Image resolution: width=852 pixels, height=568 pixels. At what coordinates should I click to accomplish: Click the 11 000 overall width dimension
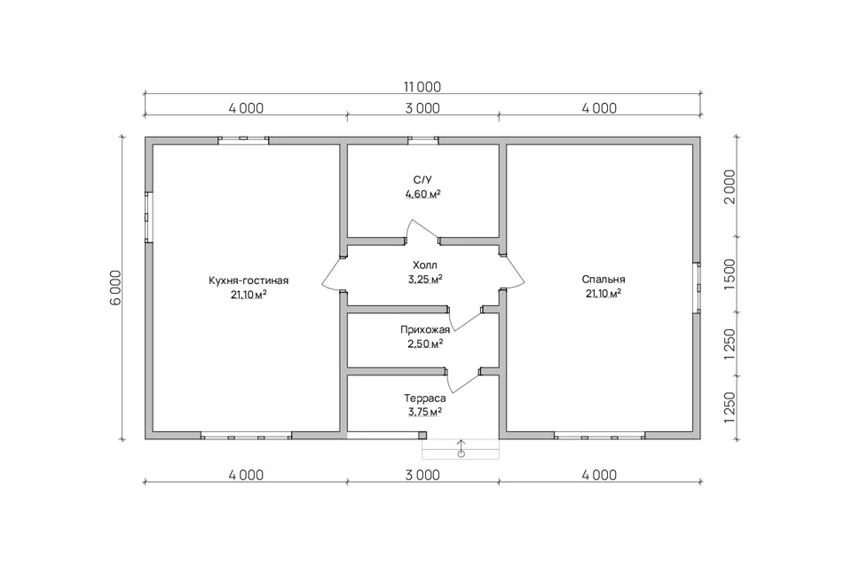click(422, 87)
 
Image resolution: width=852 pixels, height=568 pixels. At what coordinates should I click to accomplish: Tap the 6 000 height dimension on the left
click(116, 288)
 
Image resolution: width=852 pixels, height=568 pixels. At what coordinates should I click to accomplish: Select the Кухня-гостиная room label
click(248, 281)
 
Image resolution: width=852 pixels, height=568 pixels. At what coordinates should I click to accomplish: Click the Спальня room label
click(603, 280)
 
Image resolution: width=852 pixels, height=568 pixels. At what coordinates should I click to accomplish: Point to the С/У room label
click(422, 180)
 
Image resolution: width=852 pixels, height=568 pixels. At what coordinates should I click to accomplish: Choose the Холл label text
click(425, 265)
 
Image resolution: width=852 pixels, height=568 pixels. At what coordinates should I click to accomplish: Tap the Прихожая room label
click(425, 329)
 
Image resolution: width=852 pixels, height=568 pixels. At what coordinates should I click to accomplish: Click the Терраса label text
click(425, 398)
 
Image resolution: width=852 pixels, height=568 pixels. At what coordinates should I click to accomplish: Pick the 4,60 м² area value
click(422, 194)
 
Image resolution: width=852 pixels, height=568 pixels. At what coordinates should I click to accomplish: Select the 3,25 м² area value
click(425, 280)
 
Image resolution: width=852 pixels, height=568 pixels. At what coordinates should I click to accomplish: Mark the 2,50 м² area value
click(425, 343)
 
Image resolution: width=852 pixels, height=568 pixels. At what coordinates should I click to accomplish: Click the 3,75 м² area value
click(425, 412)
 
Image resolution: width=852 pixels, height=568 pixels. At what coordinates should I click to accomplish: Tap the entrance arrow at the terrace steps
click(461, 448)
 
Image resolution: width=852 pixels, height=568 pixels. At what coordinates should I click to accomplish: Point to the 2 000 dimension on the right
click(730, 186)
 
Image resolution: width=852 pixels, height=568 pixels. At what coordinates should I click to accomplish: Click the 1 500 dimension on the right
click(730, 274)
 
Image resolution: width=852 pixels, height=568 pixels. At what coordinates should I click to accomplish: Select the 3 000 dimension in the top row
click(422, 108)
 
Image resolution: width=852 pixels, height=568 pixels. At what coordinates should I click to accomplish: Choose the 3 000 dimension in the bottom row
click(422, 475)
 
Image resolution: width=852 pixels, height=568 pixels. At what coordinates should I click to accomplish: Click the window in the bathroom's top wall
click(423, 140)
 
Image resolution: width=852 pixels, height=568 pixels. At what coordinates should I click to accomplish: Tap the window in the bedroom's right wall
click(697, 288)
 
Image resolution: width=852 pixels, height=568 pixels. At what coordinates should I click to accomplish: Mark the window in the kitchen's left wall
click(148, 217)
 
